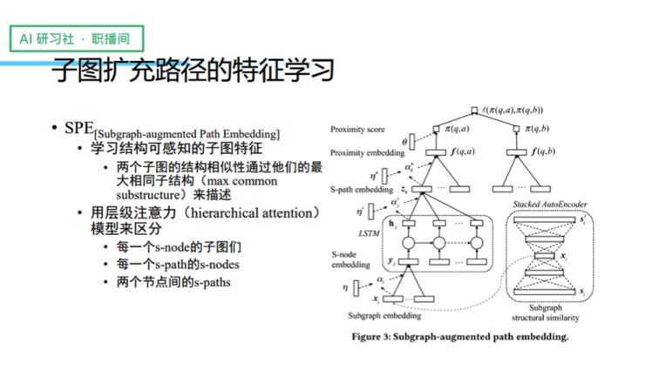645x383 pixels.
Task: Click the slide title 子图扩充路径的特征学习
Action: click(193, 71)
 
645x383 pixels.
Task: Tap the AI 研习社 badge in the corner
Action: click(76, 39)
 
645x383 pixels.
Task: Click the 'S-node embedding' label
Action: click(348, 259)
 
